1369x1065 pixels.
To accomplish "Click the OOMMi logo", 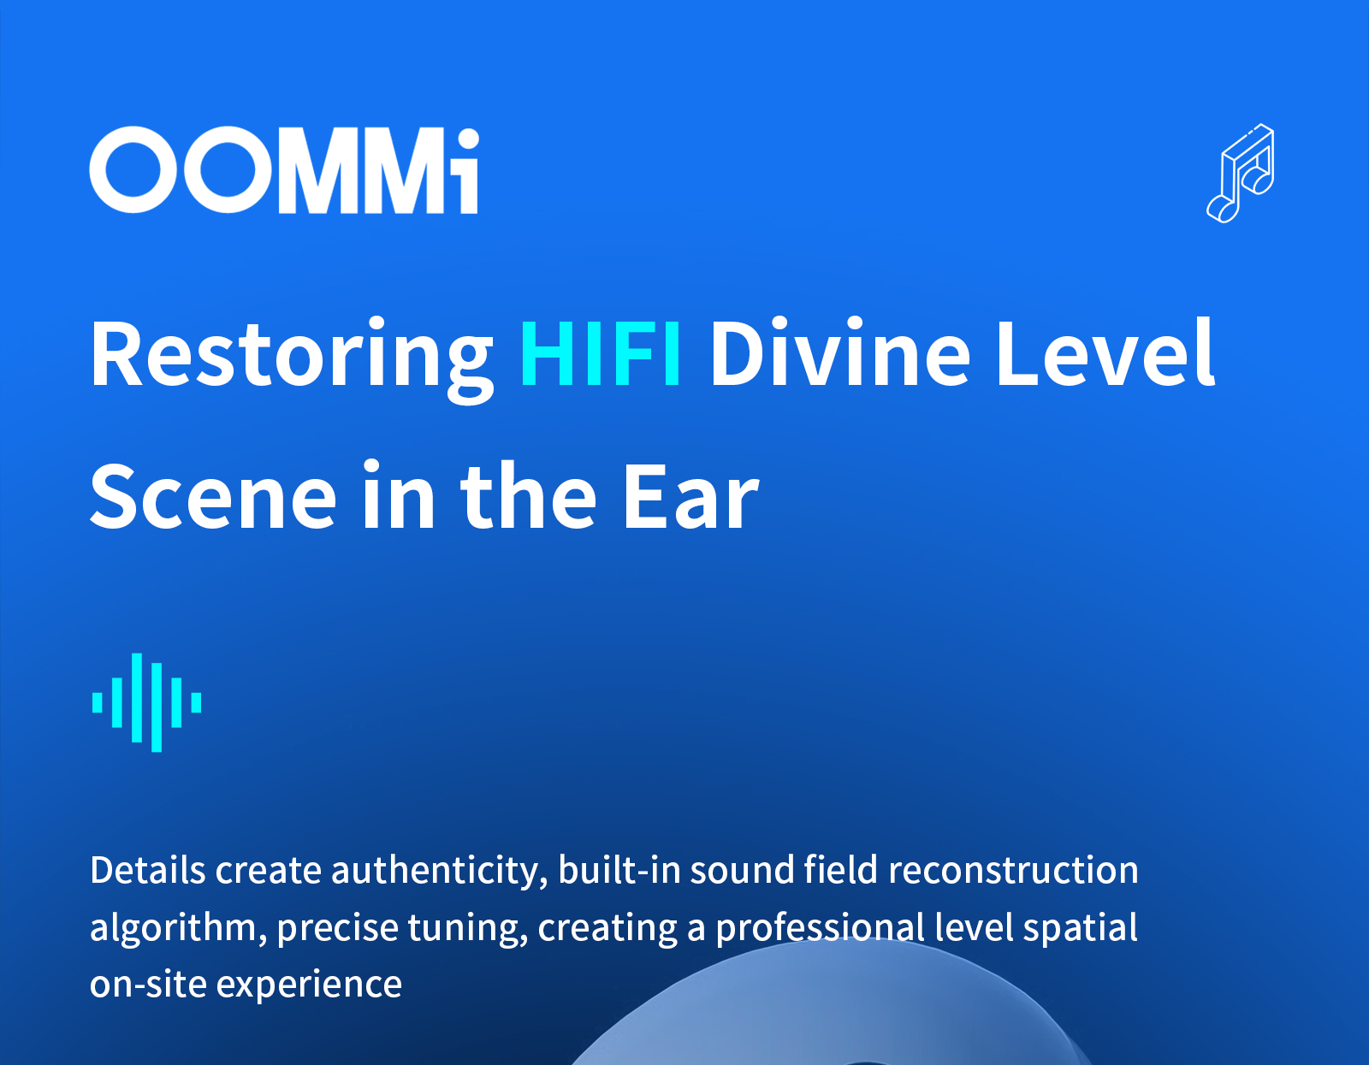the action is (284, 170).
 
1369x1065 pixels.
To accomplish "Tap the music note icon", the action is (1240, 173).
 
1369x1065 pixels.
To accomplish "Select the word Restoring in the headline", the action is (292, 360).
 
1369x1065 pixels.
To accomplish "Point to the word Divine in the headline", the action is (840, 352).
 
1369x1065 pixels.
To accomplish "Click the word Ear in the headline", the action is (691, 496).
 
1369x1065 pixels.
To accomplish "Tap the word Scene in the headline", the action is (214, 496).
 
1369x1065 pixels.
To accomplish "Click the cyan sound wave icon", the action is (147, 702).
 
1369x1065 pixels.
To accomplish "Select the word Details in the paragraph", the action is (148, 870).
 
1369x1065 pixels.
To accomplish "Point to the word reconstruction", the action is (1013, 870).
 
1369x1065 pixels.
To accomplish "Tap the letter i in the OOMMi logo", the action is (468, 171).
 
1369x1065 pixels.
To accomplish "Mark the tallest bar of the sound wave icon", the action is (157, 707).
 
